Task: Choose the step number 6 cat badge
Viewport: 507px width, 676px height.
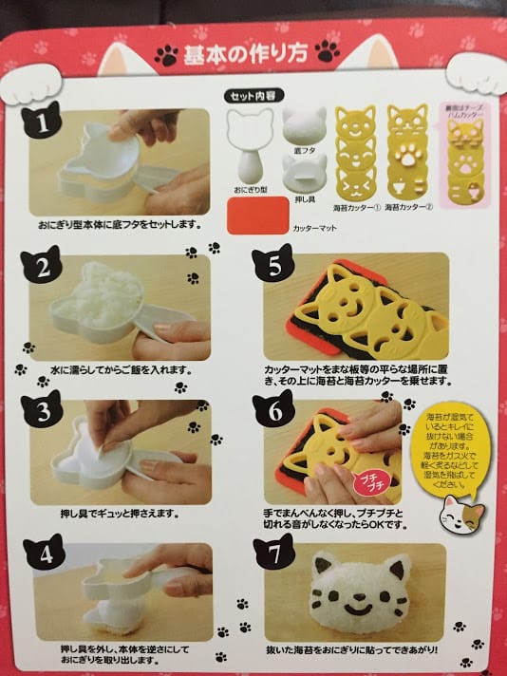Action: point(274,410)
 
